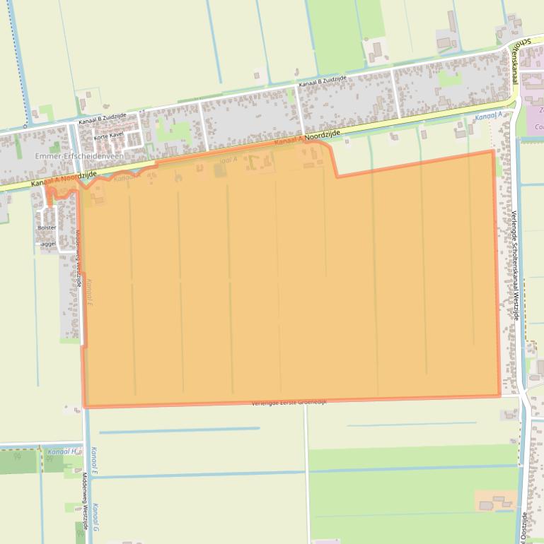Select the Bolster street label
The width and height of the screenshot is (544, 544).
[47, 227]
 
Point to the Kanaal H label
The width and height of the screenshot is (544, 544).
[62, 451]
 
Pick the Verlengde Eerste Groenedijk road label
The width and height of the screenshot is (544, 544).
[289, 402]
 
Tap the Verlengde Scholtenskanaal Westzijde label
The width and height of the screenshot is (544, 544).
[514, 266]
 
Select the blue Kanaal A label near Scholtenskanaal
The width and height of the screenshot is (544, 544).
[489, 115]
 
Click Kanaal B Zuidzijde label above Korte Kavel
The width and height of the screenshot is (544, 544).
[103, 119]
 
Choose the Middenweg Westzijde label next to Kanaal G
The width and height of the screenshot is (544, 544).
[85, 501]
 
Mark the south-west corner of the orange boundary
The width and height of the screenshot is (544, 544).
[84, 407]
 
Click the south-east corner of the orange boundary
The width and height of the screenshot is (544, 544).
[500, 396]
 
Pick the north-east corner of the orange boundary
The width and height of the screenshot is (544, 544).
[492, 150]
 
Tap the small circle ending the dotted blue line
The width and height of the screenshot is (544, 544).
[28, 124]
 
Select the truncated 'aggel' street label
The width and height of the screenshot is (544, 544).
[48, 244]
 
